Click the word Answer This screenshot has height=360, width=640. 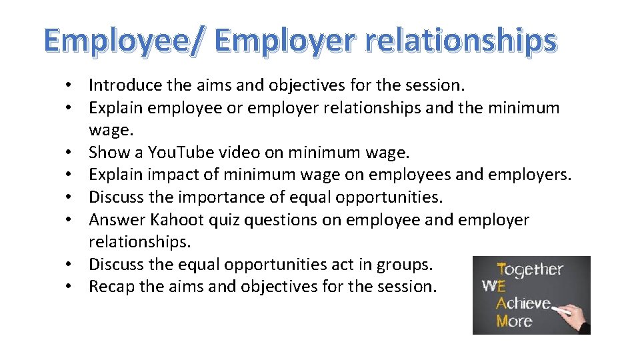point(117,220)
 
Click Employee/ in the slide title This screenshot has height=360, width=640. point(125,41)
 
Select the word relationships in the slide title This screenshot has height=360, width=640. point(461,41)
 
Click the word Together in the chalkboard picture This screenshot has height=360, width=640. point(530,271)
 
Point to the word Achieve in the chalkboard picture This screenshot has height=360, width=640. point(523,304)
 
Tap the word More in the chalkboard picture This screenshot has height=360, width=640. point(514,321)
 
